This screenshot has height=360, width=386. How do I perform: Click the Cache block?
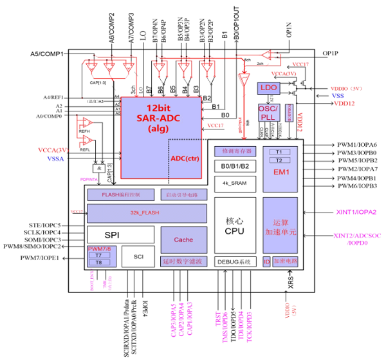coord(183,239)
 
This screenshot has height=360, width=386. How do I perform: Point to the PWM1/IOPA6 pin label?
coord(357,145)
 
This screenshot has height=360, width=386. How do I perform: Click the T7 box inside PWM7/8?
coord(99,254)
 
